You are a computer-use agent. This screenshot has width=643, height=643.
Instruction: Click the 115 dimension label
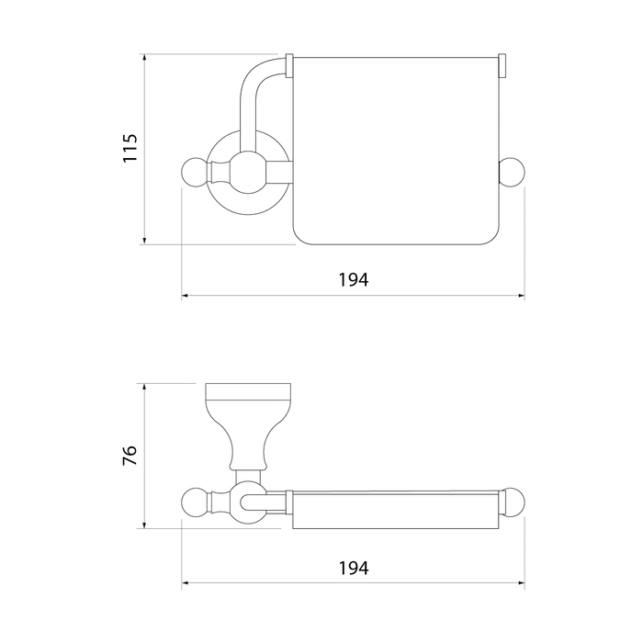pyautogui.click(x=130, y=148)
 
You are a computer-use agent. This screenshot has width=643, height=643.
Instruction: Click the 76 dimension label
pyautogui.click(x=130, y=455)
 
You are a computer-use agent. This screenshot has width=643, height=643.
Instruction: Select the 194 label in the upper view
pyautogui.click(x=354, y=279)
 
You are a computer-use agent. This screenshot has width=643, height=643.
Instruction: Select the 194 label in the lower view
pyautogui.click(x=354, y=568)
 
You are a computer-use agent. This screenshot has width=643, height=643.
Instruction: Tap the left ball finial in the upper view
pyautogui.click(x=196, y=172)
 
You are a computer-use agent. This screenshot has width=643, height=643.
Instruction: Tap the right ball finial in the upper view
pyautogui.click(x=512, y=172)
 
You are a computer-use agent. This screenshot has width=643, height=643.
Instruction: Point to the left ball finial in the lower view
pyautogui.click(x=196, y=502)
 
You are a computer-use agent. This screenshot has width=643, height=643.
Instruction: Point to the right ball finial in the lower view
pyautogui.click(x=513, y=502)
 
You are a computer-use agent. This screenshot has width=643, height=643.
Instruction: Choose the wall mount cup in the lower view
pyautogui.click(x=248, y=426)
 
